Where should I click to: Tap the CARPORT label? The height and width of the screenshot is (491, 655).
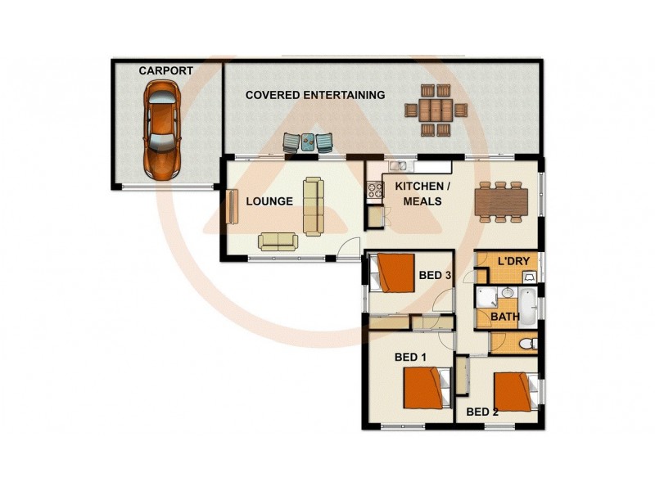pos(165,71)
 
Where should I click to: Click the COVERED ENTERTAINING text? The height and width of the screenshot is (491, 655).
pos(315,96)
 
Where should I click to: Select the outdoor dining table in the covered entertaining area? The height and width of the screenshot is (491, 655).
pos(436,110)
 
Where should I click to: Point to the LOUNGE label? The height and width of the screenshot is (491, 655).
pos(269,201)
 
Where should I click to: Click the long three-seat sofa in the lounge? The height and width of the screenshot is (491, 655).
pos(313,205)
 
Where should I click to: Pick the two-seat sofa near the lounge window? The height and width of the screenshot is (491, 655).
pos(279,241)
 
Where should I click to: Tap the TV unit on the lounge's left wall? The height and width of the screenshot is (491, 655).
pos(232,206)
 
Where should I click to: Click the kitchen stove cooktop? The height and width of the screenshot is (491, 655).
pos(374,191)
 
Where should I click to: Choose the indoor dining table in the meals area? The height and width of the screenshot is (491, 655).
pos(500,201)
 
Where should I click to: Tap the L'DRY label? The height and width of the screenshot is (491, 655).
pos(514,261)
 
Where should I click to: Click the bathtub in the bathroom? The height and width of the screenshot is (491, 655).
pos(528,307)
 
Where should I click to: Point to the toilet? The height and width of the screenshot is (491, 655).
pos(528,343)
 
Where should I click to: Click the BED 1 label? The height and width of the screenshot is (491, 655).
pos(411,358)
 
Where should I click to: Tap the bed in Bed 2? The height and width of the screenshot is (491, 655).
pos(513,391)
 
